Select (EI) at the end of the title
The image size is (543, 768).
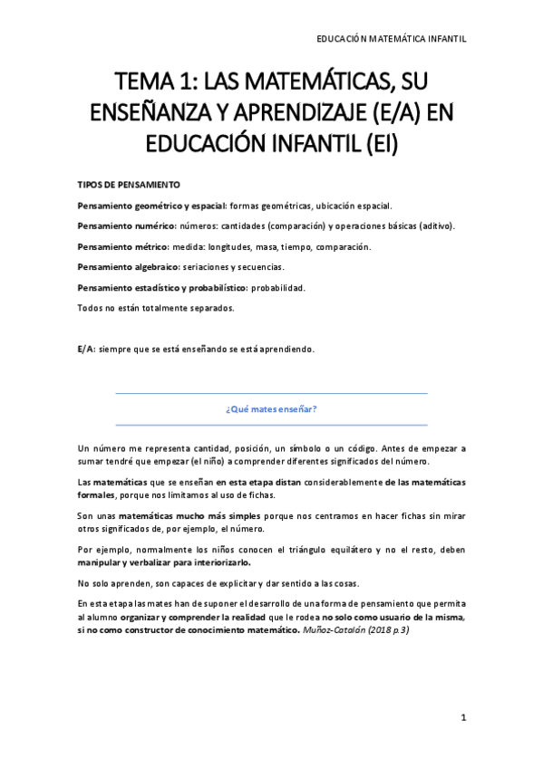[383, 145]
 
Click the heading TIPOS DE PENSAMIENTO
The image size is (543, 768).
[130, 184]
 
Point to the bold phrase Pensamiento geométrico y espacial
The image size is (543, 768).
[151, 206]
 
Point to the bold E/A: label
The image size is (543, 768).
[87, 349]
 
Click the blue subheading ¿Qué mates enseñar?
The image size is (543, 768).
[271, 408]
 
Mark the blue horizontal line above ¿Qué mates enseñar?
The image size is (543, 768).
[271, 393]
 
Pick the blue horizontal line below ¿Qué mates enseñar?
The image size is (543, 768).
[271, 425]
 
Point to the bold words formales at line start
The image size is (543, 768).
[97, 494]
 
